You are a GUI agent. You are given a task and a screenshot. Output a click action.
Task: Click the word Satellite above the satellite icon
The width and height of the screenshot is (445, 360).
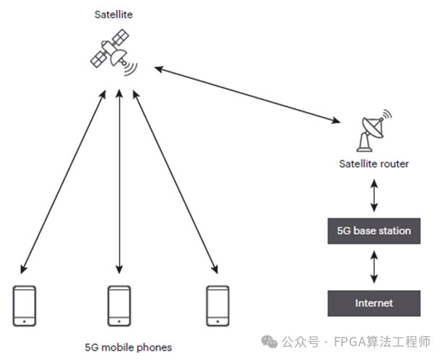pyautogui.click(x=114, y=14)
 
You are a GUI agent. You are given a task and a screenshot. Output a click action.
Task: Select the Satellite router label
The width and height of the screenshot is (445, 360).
pyautogui.click(x=373, y=164)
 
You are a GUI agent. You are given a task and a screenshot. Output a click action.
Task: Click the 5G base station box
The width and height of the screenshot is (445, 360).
pyautogui.click(x=373, y=231)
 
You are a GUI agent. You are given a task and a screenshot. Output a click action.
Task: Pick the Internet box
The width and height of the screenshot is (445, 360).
pyautogui.click(x=373, y=303)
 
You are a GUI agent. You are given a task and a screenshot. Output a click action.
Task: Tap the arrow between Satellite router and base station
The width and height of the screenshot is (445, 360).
pyautogui.click(x=373, y=195)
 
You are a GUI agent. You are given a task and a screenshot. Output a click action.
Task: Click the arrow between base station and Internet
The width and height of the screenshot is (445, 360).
pyautogui.click(x=373, y=267)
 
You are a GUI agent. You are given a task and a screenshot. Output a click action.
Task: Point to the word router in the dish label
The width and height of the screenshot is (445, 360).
pyautogui.click(x=394, y=164)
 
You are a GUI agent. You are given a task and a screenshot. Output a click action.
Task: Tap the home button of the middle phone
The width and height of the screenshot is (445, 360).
pyautogui.click(x=119, y=320)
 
